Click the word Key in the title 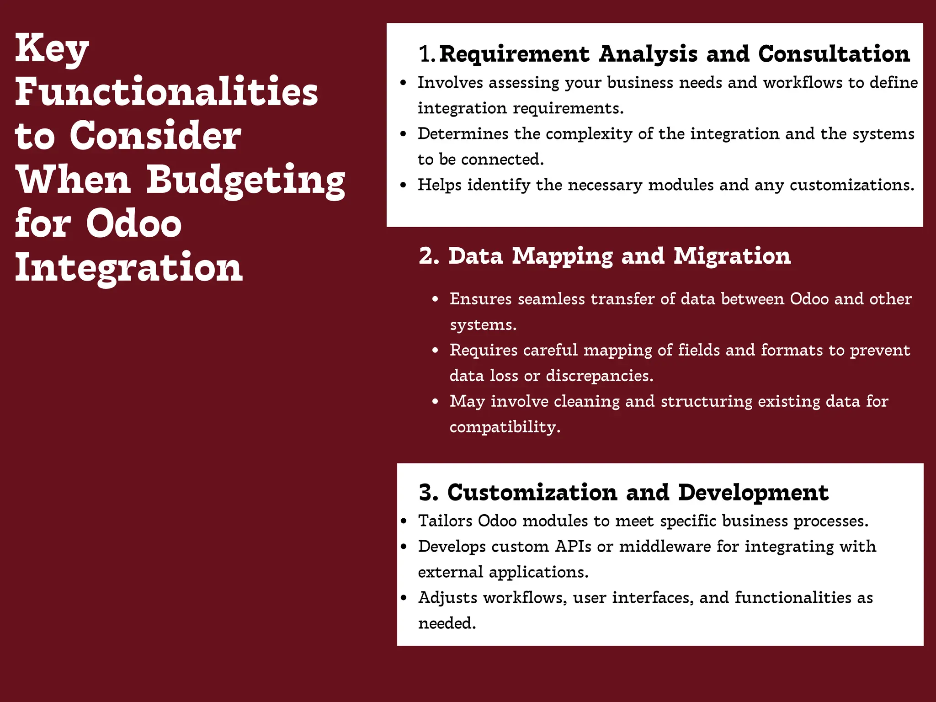click(x=52, y=49)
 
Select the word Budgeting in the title click(x=245, y=180)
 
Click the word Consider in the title click(x=155, y=136)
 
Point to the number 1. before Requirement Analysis click(x=427, y=54)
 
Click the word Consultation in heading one click(x=834, y=54)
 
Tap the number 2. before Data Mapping click(x=429, y=256)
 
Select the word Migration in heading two click(x=732, y=256)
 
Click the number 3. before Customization click(x=429, y=493)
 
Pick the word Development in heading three click(x=753, y=493)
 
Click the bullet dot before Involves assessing click(x=403, y=83)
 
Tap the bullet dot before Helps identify click(x=403, y=186)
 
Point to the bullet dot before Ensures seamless click(x=436, y=299)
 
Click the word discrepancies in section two click(x=599, y=376)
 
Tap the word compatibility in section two click(x=505, y=427)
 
